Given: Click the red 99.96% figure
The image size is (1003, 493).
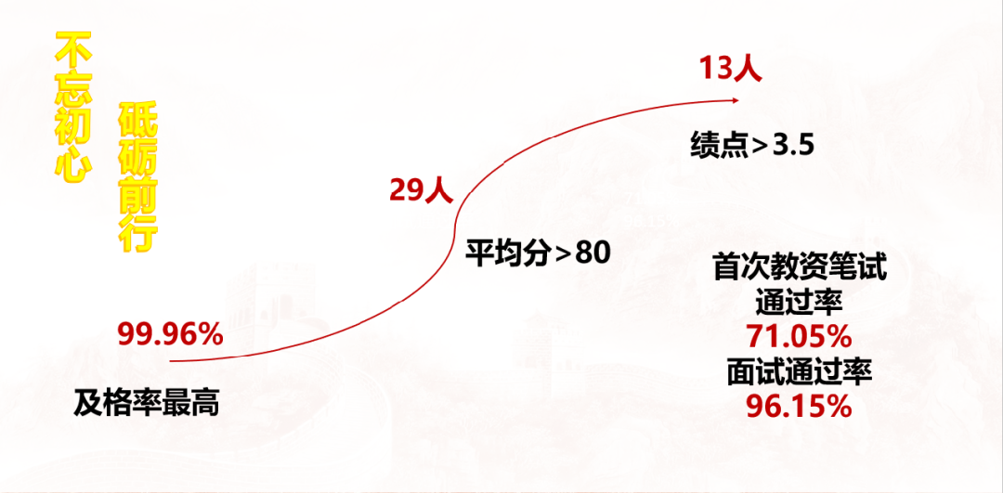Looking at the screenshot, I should pyautogui.click(x=170, y=334).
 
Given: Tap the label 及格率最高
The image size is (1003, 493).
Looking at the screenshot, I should pyautogui.click(x=147, y=402).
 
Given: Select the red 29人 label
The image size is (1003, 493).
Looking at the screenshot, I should pyautogui.click(x=421, y=190).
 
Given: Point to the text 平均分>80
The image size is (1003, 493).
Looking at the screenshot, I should pyautogui.click(x=538, y=252).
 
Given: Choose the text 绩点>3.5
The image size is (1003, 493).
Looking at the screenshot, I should pyautogui.click(x=752, y=146).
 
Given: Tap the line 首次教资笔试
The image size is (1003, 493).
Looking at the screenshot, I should pyautogui.click(x=800, y=268).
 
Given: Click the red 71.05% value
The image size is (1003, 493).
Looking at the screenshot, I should pyautogui.click(x=800, y=335).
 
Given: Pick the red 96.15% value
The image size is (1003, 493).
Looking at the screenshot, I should pyautogui.click(x=800, y=406).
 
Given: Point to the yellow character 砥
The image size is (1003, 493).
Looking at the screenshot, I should pyautogui.click(x=135, y=121).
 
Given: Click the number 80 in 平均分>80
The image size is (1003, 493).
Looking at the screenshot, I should pyautogui.click(x=593, y=252).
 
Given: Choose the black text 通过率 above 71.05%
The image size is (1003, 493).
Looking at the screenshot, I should pyautogui.click(x=800, y=302).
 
